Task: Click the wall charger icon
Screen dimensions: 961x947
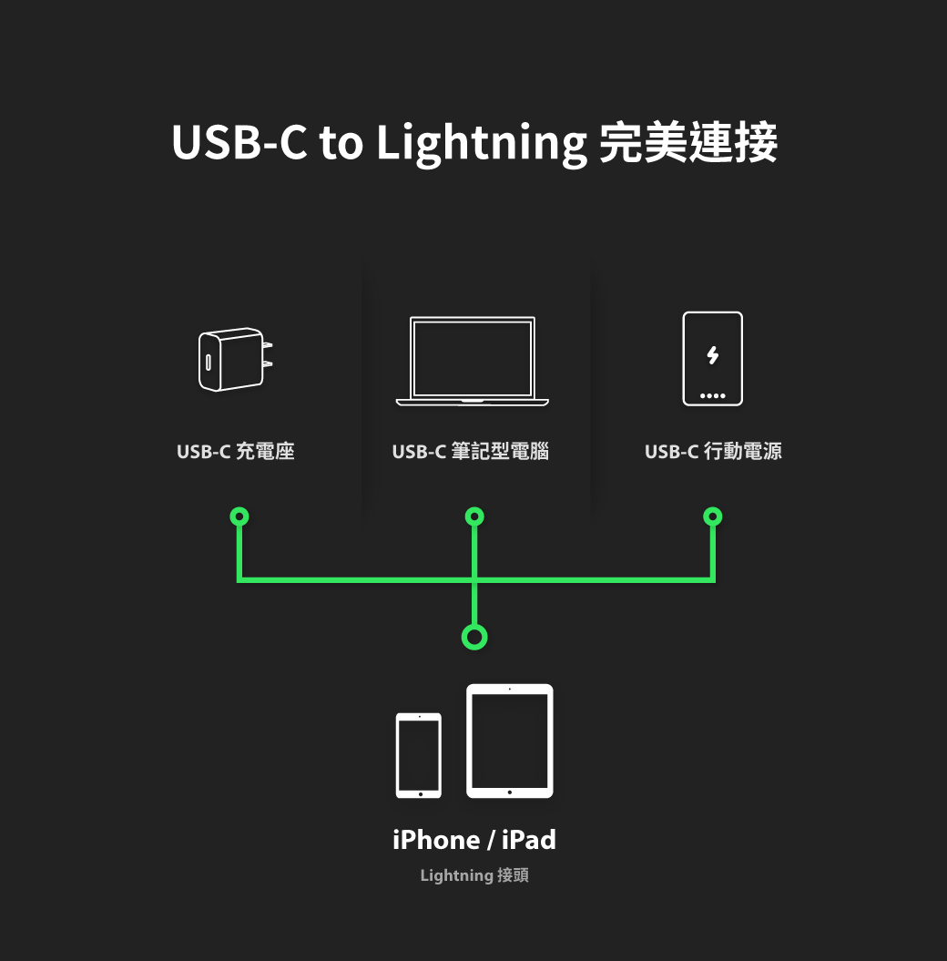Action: [232, 360]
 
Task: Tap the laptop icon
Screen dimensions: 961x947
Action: [473, 361]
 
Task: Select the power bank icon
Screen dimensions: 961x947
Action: [712, 359]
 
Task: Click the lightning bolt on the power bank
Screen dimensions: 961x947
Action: [712, 355]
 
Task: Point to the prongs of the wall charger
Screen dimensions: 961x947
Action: [267, 355]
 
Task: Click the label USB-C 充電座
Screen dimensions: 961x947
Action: [236, 451]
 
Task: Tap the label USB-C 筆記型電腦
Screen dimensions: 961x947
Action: [471, 451]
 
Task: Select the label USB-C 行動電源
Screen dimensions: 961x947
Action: [713, 451]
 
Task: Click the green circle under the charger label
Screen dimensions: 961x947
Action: [239, 516]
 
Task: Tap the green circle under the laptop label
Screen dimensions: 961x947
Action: [473, 516]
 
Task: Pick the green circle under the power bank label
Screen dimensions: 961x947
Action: [713, 516]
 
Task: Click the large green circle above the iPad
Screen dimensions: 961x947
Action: [473, 637]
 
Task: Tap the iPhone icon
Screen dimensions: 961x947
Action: [419, 755]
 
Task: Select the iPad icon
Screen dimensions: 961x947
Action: [510, 741]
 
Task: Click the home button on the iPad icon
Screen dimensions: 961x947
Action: [510, 792]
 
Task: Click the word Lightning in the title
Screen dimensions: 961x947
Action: [481, 144]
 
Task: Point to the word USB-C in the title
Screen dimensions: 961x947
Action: [239, 142]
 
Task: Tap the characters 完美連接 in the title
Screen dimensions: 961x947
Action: [688, 142]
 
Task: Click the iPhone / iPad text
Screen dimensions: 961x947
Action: [473, 840]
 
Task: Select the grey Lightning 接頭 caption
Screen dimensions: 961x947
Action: [473, 875]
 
